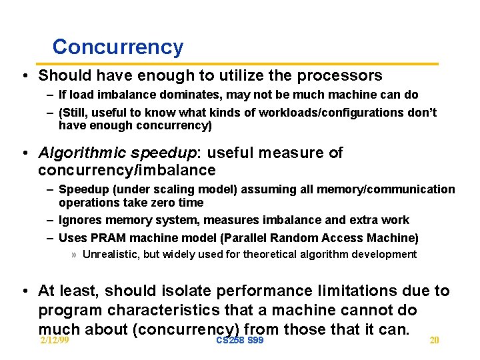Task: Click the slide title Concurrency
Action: (117, 47)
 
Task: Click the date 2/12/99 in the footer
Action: (55, 341)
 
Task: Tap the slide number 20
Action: (434, 341)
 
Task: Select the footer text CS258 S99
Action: (240, 341)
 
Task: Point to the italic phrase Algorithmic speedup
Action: (117, 153)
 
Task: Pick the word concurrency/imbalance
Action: (127, 171)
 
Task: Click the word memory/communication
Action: (387, 189)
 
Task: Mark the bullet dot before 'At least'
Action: (24, 291)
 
